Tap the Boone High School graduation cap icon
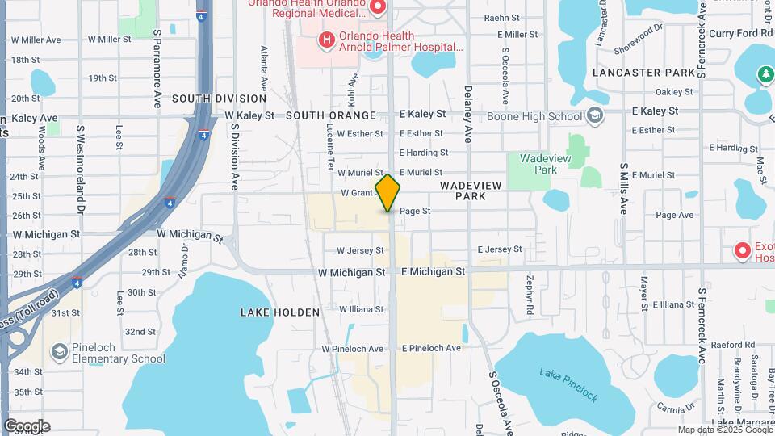(x=595, y=116)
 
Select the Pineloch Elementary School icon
(x=59, y=352)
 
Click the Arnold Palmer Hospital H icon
(x=326, y=40)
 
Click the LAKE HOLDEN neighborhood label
(x=280, y=312)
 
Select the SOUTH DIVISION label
(x=207, y=99)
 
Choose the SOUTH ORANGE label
(x=331, y=115)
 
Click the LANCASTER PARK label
(x=643, y=73)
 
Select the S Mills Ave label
(x=624, y=188)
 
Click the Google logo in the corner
(x=27, y=426)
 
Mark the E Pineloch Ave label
(x=431, y=348)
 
